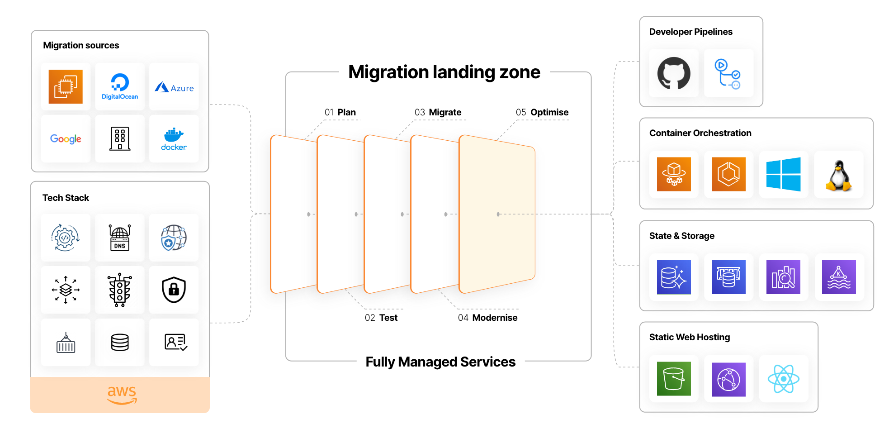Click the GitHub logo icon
(x=674, y=73)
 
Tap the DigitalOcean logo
(x=120, y=86)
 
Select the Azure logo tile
(x=174, y=87)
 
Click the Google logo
(x=66, y=139)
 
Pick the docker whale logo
(x=174, y=139)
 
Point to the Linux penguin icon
(x=839, y=176)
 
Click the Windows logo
(x=784, y=174)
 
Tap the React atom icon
(x=784, y=379)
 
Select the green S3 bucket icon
(x=674, y=379)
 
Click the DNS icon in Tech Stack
(x=120, y=238)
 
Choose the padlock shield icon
(x=174, y=290)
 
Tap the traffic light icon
(x=120, y=290)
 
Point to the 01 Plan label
(x=340, y=112)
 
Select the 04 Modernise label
(x=487, y=318)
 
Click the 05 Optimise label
(x=542, y=112)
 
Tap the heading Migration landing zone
(x=444, y=72)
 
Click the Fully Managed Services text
(x=440, y=362)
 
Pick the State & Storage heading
(x=682, y=236)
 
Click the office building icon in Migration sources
(x=120, y=138)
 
